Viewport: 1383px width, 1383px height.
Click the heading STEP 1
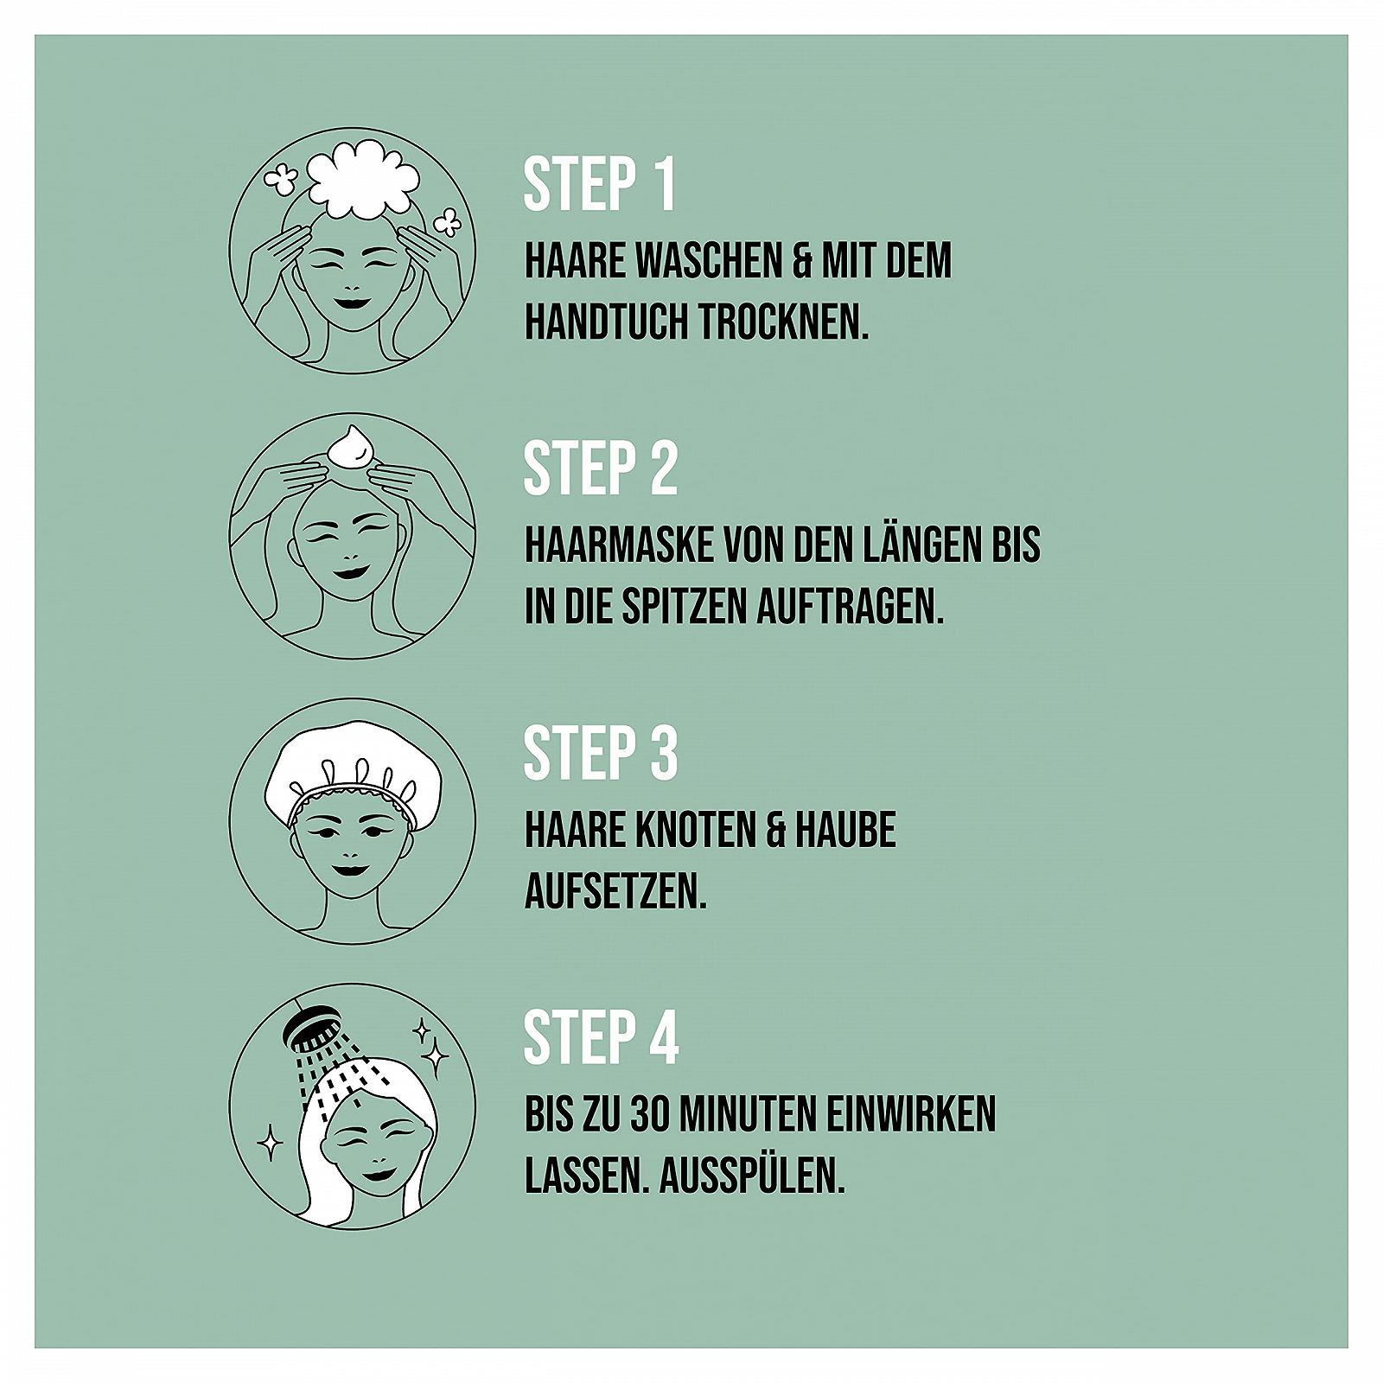pyautogui.click(x=599, y=184)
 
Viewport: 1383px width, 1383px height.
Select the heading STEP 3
pyautogui.click(x=601, y=752)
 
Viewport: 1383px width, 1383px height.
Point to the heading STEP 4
pyautogui.click(x=602, y=1036)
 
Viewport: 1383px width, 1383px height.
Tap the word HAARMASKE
pyautogui.click(x=619, y=545)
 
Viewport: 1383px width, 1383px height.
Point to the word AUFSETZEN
pyautogui.click(x=615, y=891)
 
